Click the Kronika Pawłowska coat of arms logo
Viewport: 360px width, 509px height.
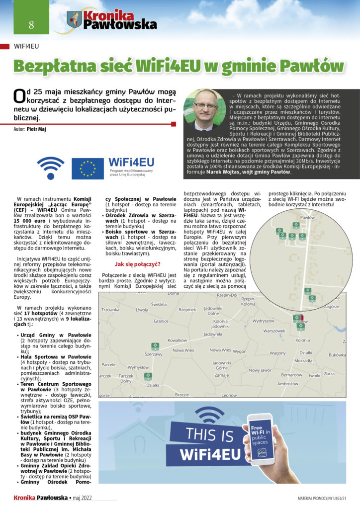[x=75, y=19]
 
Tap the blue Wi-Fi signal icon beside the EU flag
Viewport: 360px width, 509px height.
[x=51, y=168]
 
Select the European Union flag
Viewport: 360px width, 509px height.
[x=88, y=169]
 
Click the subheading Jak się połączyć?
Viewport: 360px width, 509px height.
[x=137, y=264]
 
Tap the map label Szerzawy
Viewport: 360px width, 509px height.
[x=154, y=354]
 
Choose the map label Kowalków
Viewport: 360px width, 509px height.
[x=177, y=340]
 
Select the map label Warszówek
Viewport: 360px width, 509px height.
[x=274, y=331]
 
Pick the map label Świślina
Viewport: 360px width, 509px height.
[x=159, y=304]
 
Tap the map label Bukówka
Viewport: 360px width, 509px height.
[x=337, y=355]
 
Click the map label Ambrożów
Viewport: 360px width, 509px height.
[x=287, y=383]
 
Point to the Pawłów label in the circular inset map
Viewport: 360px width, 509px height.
[x=308, y=218]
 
